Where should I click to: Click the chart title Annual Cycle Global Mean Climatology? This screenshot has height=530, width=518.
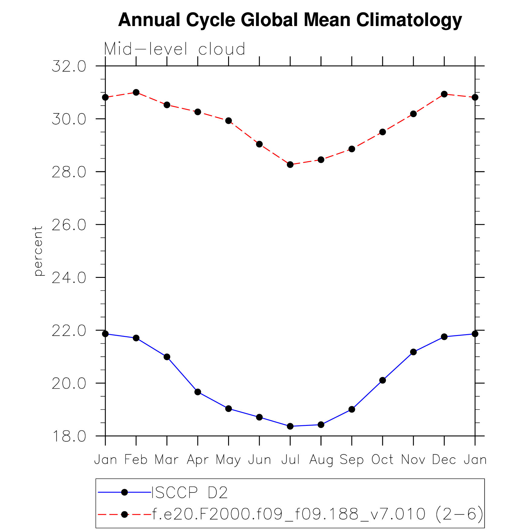tap(290, 20)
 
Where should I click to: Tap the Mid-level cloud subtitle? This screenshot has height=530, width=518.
tap(174, 49)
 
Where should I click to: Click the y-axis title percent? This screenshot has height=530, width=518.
tap(38, 251)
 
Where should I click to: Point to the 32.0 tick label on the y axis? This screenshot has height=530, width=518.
tap(69, 66)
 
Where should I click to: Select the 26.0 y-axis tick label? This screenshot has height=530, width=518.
tap(69, 225)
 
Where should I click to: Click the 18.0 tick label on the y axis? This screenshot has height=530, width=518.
tap(69, 436)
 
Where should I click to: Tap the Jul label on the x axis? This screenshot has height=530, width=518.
tap(290, 459)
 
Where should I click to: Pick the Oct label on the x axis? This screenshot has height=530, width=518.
tap(382, 459)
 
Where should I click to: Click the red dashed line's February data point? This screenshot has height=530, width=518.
tap(136, 92)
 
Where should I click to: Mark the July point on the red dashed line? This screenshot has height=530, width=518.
tap(290, 165)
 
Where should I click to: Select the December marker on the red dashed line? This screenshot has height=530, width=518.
tap(444, 94)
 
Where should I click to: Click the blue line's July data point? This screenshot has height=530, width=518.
tap(290, 426)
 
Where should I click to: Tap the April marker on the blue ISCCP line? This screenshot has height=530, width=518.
tap(198, 392)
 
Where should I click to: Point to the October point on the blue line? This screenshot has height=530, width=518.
tap(383, 380)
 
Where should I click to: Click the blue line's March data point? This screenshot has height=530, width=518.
tap(167, 357)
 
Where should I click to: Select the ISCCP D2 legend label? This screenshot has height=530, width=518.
tap(189, 492)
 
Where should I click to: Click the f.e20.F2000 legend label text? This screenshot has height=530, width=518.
tap(317, 514)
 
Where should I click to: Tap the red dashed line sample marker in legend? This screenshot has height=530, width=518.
tap(124, 514)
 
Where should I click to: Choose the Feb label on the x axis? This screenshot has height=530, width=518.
tap(136, 459)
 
